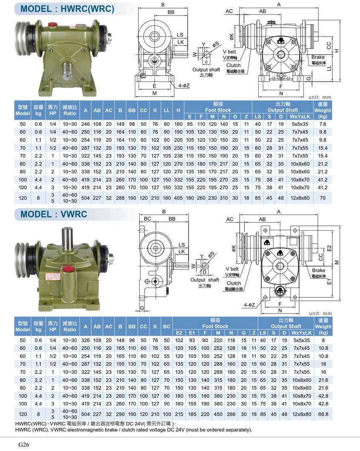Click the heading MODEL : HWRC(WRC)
[x=67, y=9]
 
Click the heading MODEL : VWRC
[x=54, y=214]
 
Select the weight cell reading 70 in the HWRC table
[x=322, y=198]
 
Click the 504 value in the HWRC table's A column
[x=86, y=198]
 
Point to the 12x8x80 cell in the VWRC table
[x=300, y=414]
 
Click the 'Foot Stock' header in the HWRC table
[x=218, y=110]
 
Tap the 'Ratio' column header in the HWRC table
[x=69, y=114]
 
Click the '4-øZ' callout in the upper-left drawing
[x=184, y=86]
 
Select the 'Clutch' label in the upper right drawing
[x=234, y=66]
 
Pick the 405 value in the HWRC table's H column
[x=178, y=198]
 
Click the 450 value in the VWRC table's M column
[x=218, y=414]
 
